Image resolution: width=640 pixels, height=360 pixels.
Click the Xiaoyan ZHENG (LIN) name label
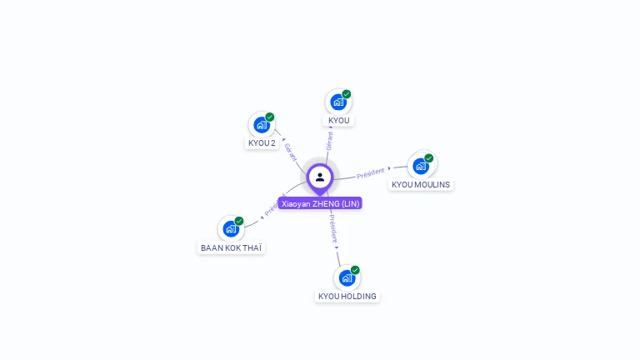point(320,203)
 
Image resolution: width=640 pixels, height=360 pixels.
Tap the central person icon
point(320,177)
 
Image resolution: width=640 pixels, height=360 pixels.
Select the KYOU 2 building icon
point(262,126)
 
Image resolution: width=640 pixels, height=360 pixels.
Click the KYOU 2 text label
point(262,142)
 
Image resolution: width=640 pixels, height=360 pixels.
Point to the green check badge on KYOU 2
point(270,117)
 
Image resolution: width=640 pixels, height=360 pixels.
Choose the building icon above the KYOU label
point(338,102)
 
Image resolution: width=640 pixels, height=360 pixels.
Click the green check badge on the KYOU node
point(347,94)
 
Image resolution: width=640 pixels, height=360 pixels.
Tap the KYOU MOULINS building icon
point(421,166)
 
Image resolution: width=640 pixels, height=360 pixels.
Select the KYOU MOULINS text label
point(421,184)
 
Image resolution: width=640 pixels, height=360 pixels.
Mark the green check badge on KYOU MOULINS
point(429,158)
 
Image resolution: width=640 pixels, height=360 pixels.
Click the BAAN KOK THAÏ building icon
point(231,229)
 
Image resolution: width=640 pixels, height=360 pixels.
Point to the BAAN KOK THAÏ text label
point(232,247)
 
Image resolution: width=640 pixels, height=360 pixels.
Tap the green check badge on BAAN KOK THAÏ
point(239,221)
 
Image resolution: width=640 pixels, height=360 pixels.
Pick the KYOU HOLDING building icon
point(347,277)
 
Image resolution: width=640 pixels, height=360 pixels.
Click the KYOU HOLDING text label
point(347,296)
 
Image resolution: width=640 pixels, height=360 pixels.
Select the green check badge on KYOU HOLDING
point(355,270)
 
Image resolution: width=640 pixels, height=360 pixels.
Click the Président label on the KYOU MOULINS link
point(371,173)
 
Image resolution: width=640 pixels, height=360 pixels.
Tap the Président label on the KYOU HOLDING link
point(332,230)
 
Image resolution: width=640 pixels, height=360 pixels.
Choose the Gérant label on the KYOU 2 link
point(290,152)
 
